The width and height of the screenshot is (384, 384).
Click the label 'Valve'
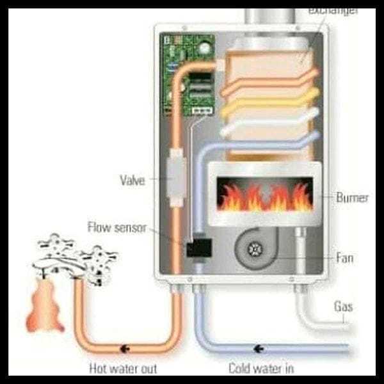pyautogui.click(x=133, y=180)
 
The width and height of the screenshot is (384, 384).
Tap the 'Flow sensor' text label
pyautogui.click(x=117, y=227)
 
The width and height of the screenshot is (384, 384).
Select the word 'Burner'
pyautogui.click(x=352, y=198)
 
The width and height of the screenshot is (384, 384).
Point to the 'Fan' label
pyautogui.click(x=344, y=259)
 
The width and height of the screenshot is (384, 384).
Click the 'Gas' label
pyautogui.click(x=344, y=307)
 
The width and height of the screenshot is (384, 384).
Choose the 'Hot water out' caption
pyautogui.click(x=124, y=369)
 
